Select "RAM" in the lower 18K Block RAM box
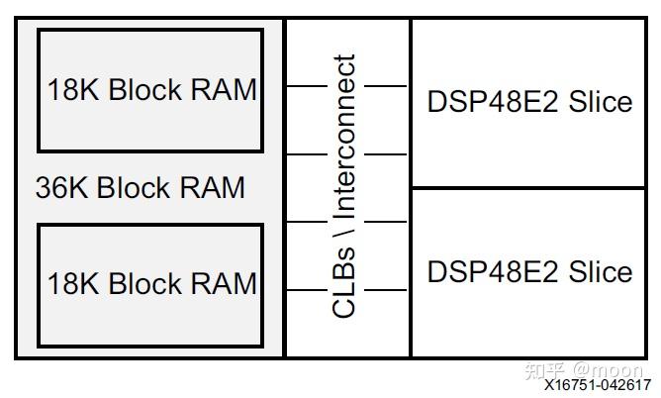(x=225, y=284)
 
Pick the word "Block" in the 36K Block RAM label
(x=137, y=188)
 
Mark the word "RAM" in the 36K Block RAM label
(x=214, y=188)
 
